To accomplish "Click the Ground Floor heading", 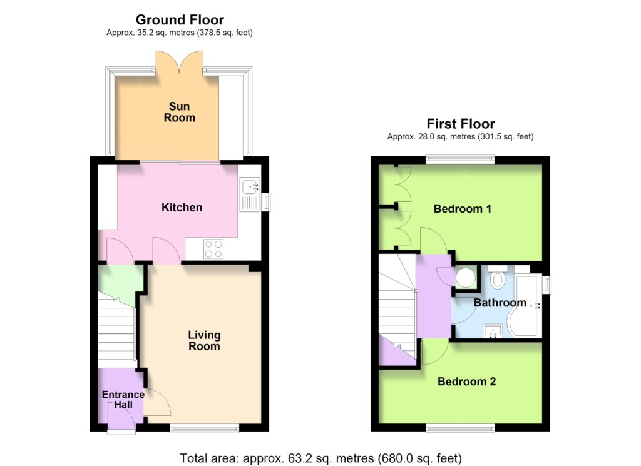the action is coord(180,19).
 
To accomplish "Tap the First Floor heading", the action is coord(461,124).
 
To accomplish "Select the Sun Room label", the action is coord(180,112).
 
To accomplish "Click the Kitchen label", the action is coord(182,208).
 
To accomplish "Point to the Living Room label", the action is coord(204,341).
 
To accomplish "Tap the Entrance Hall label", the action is coord(123,400).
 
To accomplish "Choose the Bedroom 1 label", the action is coord(463,209).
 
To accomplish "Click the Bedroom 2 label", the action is coord(466,382).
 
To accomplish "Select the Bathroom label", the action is coord(500,303).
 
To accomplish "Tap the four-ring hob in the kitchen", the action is coord(214,249).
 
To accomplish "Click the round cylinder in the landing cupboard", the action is coord(466,277).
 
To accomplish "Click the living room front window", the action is coord(205,428).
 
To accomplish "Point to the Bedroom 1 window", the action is coord(460,160).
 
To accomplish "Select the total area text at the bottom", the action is coord(321,458).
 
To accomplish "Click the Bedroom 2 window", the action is coord(460,428).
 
